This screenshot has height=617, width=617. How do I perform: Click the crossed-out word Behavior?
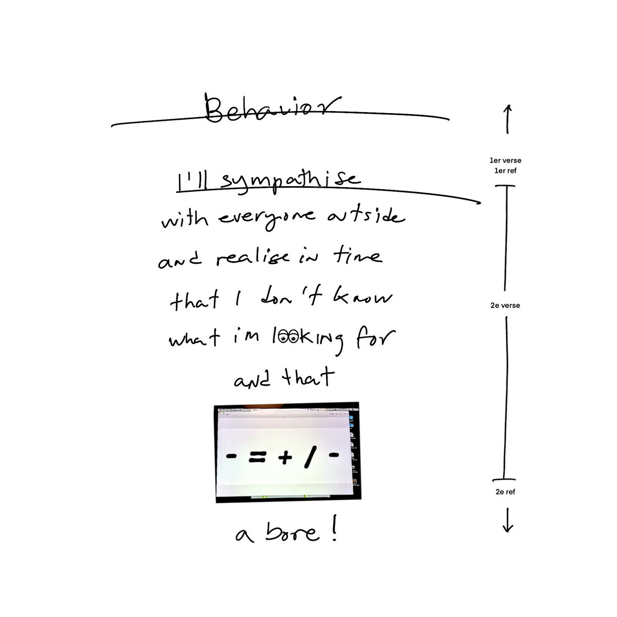point(272,108)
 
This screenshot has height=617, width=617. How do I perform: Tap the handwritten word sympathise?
point(291,182)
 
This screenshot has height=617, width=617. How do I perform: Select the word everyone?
point(267,219)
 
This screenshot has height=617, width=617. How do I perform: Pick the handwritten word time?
point(358,255)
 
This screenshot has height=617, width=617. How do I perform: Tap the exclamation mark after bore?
point(334,527)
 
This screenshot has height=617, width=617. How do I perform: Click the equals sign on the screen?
point(257,457)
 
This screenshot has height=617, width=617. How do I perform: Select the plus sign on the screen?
point(285,458)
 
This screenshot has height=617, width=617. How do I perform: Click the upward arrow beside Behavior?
point(507,119)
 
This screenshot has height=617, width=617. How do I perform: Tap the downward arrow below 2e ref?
point(508,520)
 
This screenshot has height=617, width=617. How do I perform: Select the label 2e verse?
point(505,305)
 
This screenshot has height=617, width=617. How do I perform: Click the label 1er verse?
point(505,160)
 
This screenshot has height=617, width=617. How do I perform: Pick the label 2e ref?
point(505,492)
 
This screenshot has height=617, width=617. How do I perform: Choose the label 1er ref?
point(505,171)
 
